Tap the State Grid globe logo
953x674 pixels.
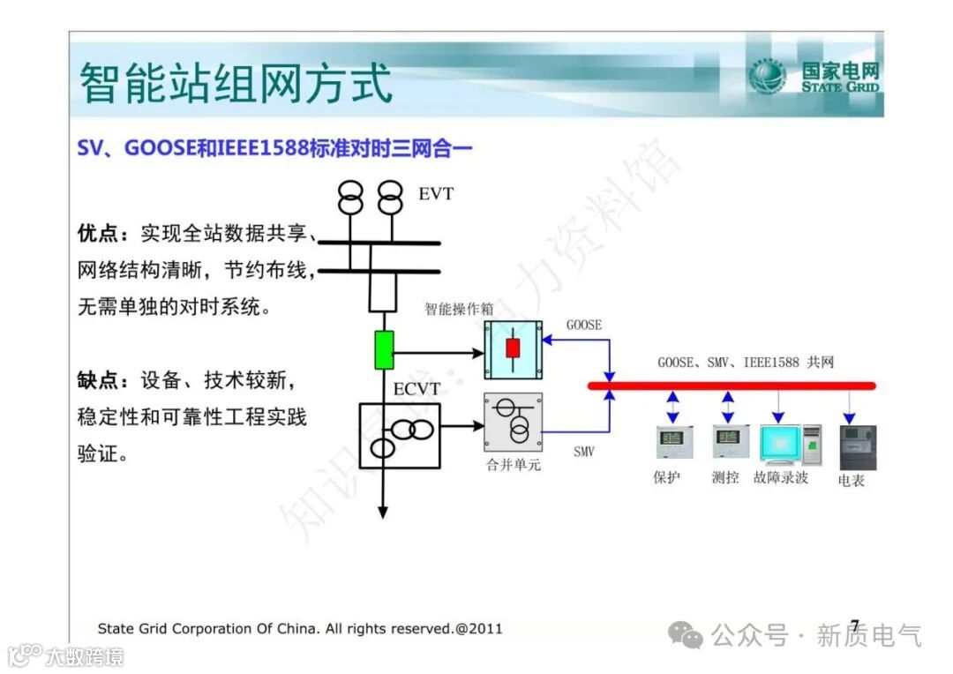[x=767, y=78]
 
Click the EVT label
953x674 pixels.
[x=436, y=193]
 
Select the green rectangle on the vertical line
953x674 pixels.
[x=383, y=349]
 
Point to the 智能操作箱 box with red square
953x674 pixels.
[x=513, y=349]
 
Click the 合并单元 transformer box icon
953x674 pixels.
[x=513, y=423]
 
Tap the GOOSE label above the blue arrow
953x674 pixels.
[x=583, y=325]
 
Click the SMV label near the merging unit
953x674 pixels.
[x=583, y=452]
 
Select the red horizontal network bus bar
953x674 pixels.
[x=732, y=386]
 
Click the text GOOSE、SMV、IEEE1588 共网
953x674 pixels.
[x=746, y=363]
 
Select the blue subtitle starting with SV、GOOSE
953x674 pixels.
[x=274, y=148]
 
